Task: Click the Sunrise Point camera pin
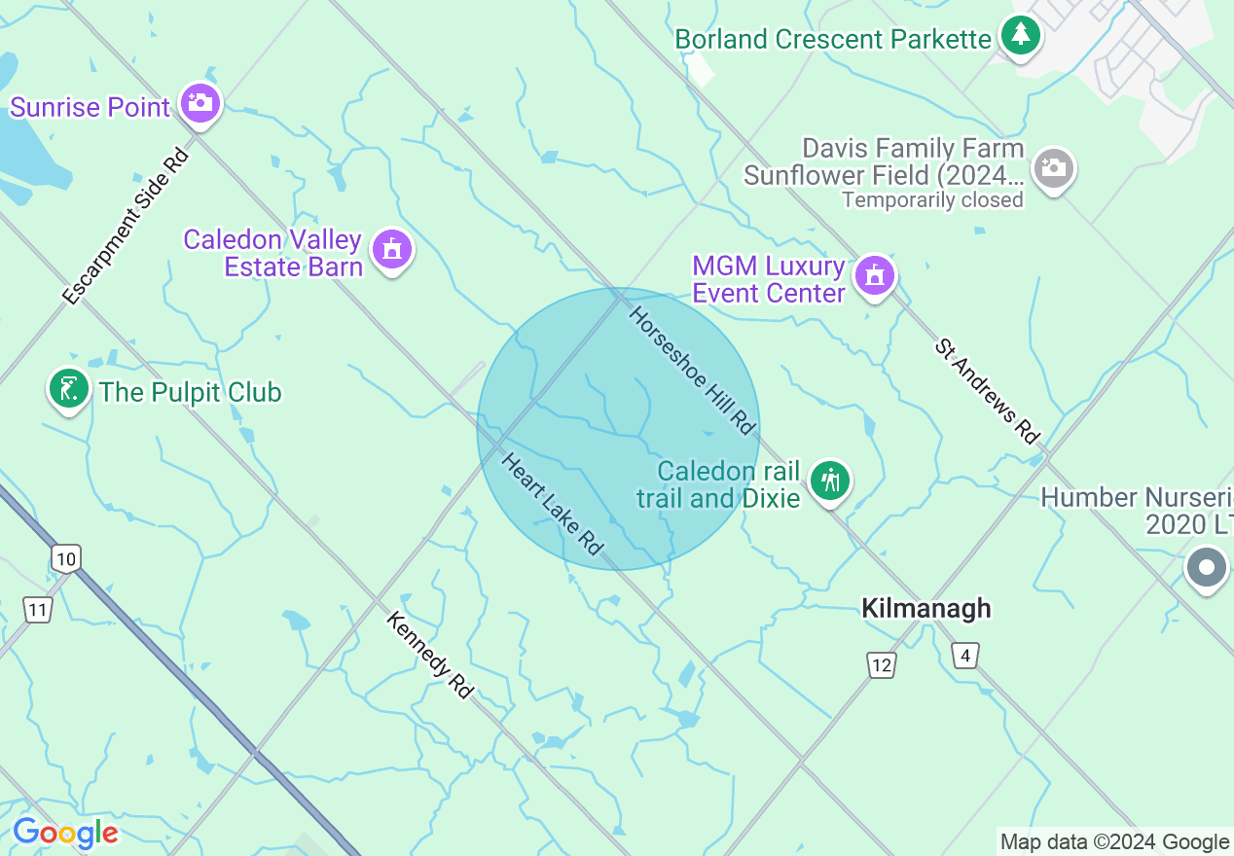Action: (200, 101)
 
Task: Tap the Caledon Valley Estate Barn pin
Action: (392, 249)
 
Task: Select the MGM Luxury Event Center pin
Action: (874, 275)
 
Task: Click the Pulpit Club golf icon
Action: (68, 388)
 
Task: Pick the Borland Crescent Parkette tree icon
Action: (1020, 36)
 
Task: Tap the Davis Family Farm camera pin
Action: (1053, 168)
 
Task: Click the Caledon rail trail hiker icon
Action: (830, 481)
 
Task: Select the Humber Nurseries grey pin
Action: (1207, 566)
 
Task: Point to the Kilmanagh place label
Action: (925, 608)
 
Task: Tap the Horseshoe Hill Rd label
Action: (693, 371)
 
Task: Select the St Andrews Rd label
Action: (987, 391)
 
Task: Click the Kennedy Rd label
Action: (429, 655)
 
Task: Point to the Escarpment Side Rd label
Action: (125, 227)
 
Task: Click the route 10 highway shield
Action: (65, 558)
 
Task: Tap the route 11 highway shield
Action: (37, 610)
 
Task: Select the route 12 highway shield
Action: (881, 665)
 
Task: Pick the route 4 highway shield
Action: (964, 656)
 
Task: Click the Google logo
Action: (65, 833)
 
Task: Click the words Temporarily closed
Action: (932, 200)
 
